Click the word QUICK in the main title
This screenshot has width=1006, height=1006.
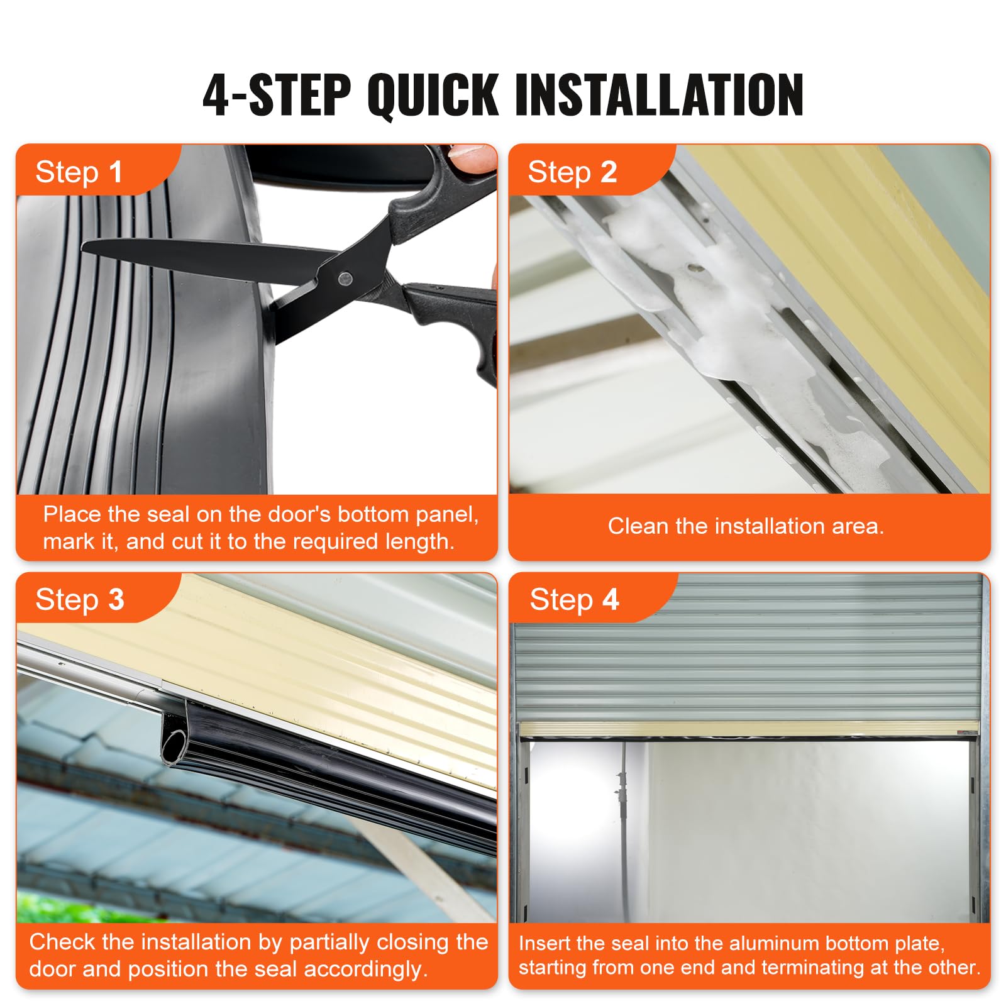(433, 96)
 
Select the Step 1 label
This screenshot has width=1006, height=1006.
(79, 172)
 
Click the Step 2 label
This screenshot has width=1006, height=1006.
(572, 172)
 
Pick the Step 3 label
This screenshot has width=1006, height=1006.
(79, 599)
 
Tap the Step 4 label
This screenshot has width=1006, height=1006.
(573, 599)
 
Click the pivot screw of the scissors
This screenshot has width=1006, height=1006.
(345, 277)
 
